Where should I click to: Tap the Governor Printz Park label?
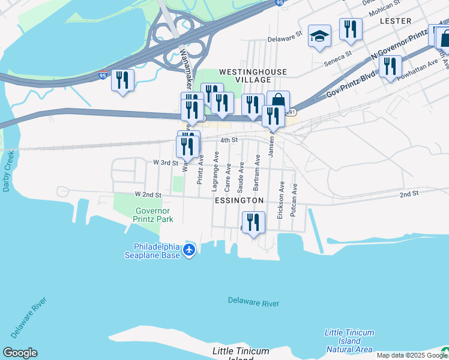[154, 215]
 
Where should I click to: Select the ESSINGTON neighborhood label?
[239, 200]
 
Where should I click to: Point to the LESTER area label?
[396, 21]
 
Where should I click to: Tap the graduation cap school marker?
[320, 37]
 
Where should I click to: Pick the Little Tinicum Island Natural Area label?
[349, 341]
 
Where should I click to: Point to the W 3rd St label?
[166, 163]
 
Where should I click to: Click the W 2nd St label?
[148, 194]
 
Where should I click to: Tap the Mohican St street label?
[384, 10]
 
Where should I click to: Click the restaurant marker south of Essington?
[253, 223]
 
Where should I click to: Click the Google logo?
[20, 353]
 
